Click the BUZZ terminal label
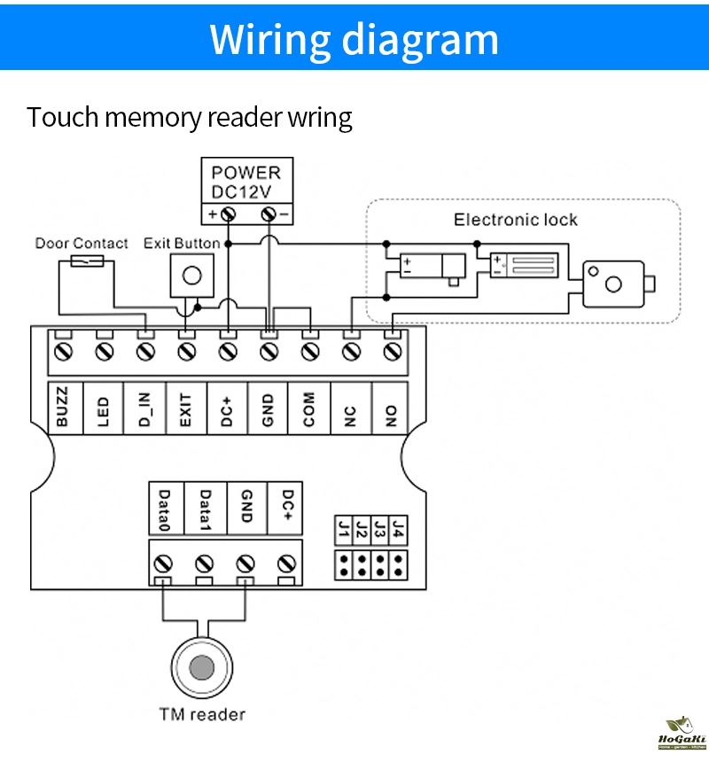[62, 408]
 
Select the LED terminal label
[103, 408]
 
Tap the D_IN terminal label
[144, 408]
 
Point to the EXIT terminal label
[185, 408]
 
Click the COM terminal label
[309, 408]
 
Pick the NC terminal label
[351, 408]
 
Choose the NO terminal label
[392, 408]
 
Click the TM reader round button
[203, 666]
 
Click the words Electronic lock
[515, 220]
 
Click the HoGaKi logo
[682, 732]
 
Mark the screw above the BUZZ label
[62, 353]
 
